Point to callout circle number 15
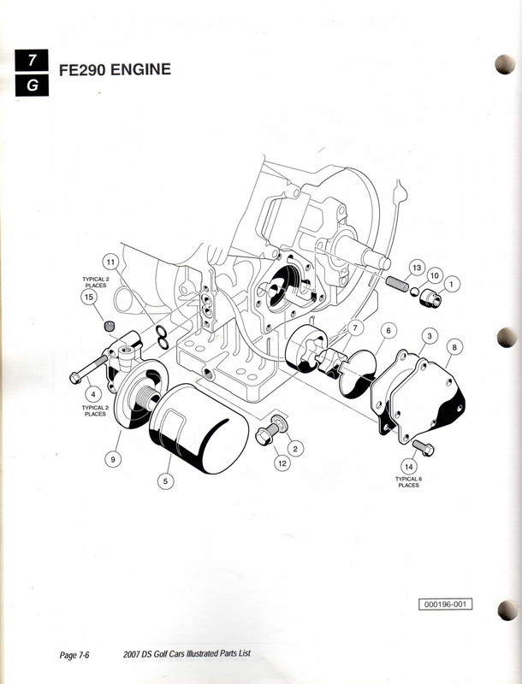(88, 297)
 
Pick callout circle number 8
(454, 346)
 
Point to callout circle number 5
(167, 481)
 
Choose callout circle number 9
(112, 459)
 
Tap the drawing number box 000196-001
(446, 604)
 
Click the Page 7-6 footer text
(75, 656)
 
